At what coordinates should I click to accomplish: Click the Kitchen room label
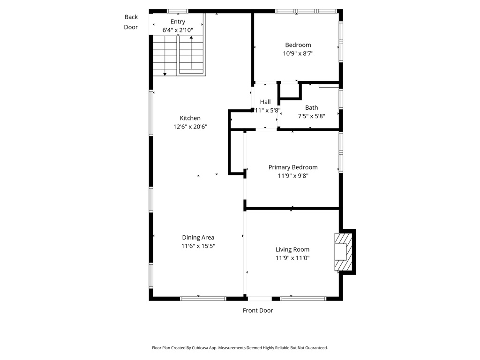coord(190,118)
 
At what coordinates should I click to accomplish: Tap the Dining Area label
coord(198,238)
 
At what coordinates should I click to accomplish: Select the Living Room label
coord(292,249)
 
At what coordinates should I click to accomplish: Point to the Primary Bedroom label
coord(293,167)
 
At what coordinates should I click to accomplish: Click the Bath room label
coord(311,108)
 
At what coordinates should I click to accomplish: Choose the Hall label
coord(265,102)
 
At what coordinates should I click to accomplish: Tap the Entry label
coord(178,22)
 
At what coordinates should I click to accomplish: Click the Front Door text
coord(258,310)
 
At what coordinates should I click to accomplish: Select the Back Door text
coord(131,22)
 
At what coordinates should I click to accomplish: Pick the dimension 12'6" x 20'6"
coord(190,127)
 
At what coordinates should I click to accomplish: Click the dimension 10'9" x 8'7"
coord(298,53)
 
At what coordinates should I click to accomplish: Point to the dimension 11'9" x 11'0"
coord(292,258)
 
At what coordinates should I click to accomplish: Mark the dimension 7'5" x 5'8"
coord(311,116)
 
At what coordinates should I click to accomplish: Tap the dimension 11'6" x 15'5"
coord(198,246)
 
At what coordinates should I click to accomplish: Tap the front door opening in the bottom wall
coord(260,299)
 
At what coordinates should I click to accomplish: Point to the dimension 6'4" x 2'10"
coord(178,30)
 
